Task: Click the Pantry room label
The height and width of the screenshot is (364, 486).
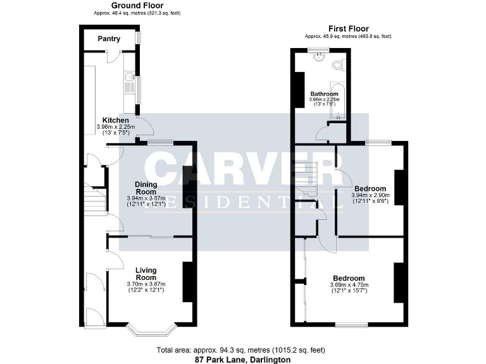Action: click(108, 39)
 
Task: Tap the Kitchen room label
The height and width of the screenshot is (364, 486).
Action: click(116, 120)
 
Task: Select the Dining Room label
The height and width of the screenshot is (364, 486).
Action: click(146, 188)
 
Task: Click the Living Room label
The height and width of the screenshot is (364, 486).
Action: click(146, 274)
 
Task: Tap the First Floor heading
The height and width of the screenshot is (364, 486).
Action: click(348, 28)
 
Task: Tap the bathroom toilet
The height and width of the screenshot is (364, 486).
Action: click(339, 64)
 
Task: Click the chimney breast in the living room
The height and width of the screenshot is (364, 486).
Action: click(188, 281)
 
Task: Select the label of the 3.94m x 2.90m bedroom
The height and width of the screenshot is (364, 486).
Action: click(370, 188)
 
